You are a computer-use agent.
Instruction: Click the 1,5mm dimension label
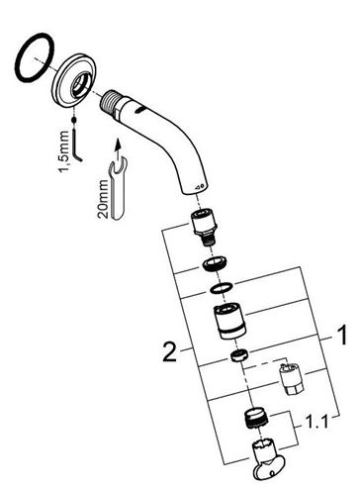pyautogui.click(x=64, y=151)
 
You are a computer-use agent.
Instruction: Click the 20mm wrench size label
pyautogui.click(x=103, y=199)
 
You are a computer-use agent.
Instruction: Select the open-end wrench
pyautogui.click(x=118, y=188)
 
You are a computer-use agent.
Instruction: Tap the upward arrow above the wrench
pyautogui.click(x=117, y=147)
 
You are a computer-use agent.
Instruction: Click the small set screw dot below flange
pyautogui.click(x=74, y=120)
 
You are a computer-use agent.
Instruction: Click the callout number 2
pyautogui.click(x=170, y=351)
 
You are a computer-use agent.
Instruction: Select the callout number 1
pyautogui.click(x=341, y=335)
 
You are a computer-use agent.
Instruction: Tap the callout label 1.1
pyautogui.click(x=316, y=422)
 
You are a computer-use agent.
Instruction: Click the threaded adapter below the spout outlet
pyautogui.click(x=204, y=227)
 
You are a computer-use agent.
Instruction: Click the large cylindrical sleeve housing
pyautogui.click(x=229, y=322)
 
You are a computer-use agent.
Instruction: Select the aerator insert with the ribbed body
pyautogui.click(x=256, y=419)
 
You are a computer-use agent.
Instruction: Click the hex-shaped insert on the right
pyautogui.click(x=292, y=379)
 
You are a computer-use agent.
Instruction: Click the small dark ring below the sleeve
pyautogui.click(x=239, y=355)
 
